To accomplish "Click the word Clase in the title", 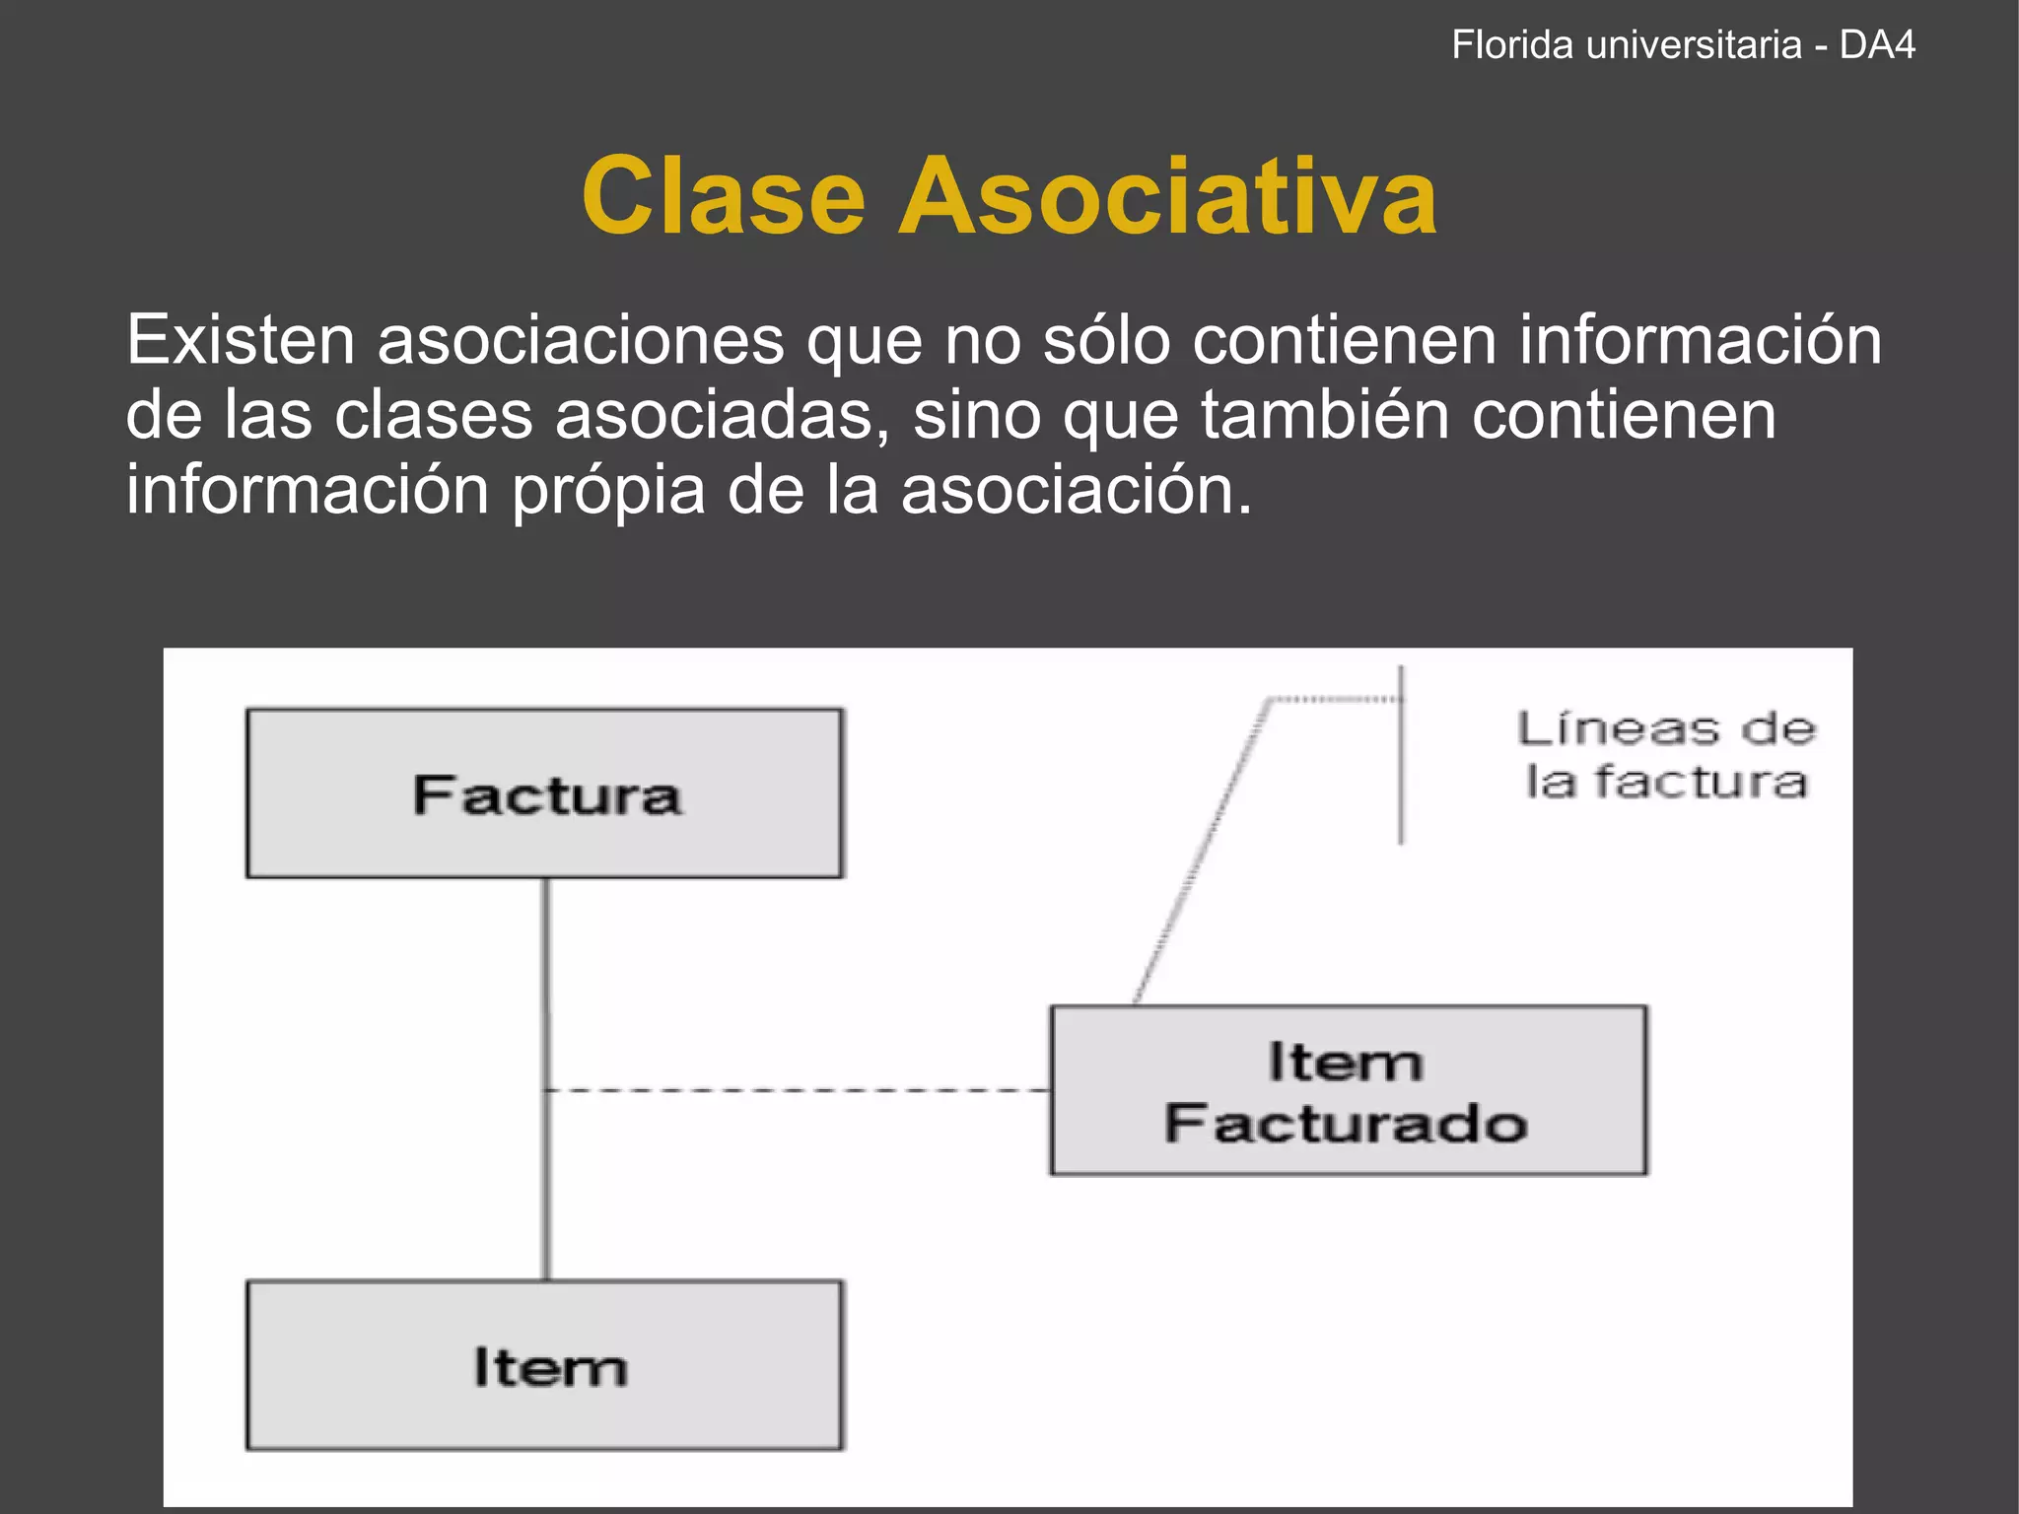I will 724,197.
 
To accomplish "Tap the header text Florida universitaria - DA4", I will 1683,45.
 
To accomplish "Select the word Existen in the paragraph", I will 240,340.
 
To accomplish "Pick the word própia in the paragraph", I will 607,490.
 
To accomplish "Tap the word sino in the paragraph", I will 976,415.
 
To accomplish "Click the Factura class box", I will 544,793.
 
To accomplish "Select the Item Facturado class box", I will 1348,1090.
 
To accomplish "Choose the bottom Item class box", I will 544,1365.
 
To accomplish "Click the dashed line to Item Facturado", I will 799,1090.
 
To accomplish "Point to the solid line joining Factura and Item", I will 547,986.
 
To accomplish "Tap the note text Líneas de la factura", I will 1666,755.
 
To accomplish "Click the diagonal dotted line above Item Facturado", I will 1201,853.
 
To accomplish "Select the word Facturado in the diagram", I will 1346,1124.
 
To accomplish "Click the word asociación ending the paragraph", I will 1076,490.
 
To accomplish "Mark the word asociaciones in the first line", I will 581,340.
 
